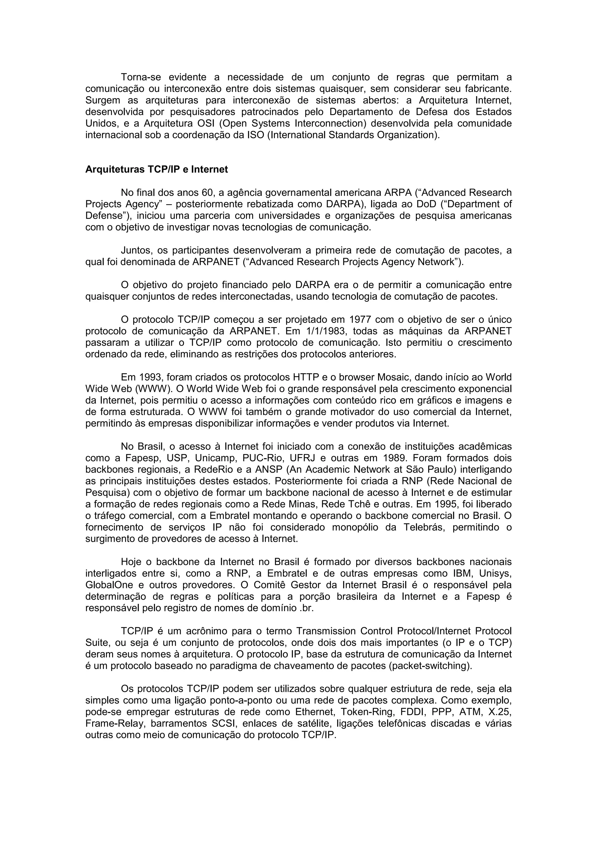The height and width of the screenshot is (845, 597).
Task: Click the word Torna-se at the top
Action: [x=141, y=77]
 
